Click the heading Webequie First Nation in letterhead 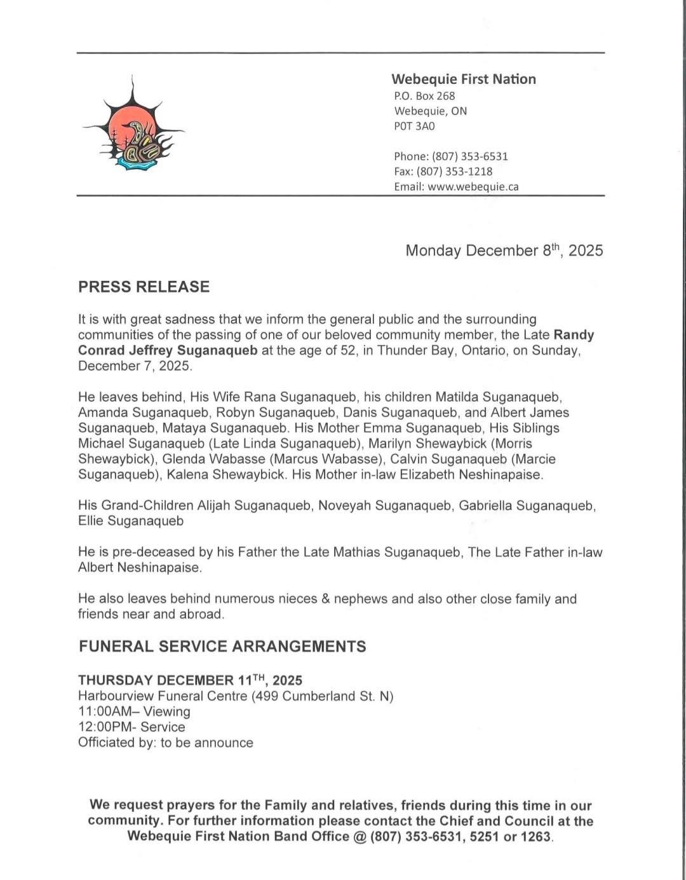[463, 79]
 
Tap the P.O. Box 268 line [424, 96]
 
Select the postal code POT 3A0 [414, 126]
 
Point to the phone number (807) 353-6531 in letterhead [469, 156]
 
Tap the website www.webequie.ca [473, 187]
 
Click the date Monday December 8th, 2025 [504, 251]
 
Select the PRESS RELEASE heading [144, 287]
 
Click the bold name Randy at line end [574, 335]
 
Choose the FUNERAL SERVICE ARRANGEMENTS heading [222, 647]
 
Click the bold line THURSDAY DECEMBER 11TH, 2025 [189, 680]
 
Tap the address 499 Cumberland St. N [322, 696]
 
